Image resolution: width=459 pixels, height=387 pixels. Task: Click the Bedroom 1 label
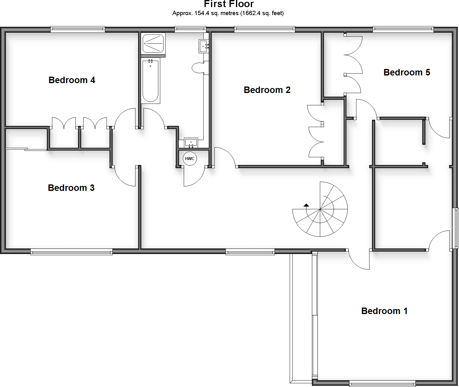click(x=384, y=311)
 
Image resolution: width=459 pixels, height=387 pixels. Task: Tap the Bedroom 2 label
click(x=267, y=90)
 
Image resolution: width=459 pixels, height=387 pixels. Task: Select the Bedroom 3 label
click(x=71, y=188)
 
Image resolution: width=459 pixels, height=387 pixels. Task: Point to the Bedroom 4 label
click(x=72, y=80)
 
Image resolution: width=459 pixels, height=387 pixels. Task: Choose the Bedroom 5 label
click(x=407, y=72)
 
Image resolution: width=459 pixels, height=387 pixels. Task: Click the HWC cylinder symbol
click(x=189, y=159)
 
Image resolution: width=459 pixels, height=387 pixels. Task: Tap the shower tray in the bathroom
click(x=153, y=44)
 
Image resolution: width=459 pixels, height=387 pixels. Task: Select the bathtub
click(x=151, y=81)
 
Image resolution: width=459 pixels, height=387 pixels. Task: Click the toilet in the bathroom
click(x=199, y=68)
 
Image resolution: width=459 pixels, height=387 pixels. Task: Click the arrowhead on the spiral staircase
click(x=306, y=205)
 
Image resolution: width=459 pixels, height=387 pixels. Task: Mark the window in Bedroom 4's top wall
click(x=78, y=30)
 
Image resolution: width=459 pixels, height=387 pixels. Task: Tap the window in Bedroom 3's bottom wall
click(x=72, y=252)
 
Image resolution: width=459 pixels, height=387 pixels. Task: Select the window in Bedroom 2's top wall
click(x=265, y=30)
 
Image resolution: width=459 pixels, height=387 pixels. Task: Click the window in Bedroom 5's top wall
click(x=403, y=30)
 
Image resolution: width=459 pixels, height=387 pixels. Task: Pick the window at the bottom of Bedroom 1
click(x=382, y=384)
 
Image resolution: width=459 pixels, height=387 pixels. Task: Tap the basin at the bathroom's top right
click(x=204, y=46)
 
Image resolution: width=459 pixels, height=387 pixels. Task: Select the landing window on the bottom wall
click(x=250, y=252)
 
